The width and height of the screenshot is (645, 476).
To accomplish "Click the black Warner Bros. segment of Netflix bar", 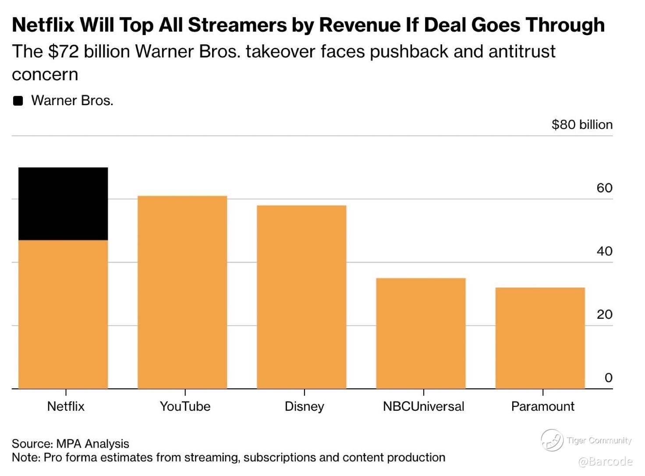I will [x=63, y=204].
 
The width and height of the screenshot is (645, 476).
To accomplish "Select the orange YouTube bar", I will [x=182, y=292].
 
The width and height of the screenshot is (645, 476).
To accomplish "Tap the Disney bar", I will [x=301, y=297].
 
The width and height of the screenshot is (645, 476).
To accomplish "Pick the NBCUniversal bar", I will [x=421, y=333].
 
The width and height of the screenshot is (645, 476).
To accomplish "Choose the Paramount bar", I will [x=540, y=338].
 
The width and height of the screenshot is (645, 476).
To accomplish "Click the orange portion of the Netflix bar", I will [x=63, y=314].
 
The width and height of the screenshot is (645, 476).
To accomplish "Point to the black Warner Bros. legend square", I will [x=18, y=101].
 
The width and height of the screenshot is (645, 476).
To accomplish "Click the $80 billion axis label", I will [x=582, y=125].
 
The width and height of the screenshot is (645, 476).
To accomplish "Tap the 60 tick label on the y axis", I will [x=604, y=188].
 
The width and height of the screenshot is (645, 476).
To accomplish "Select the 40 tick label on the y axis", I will [x=604, y=251].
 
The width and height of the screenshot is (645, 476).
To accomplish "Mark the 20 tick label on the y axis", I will [x=604, y=315].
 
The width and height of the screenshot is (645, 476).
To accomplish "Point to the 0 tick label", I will [x=608, y=378].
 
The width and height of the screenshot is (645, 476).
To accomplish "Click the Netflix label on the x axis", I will [x=66, y=406].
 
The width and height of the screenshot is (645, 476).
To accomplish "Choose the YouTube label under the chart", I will [x=185, y=406].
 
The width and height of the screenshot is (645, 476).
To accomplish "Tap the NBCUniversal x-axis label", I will [x=423, y=406].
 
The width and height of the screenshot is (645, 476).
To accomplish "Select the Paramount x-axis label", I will [x=542, y=406].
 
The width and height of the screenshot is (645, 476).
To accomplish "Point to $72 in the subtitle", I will [x=64, y=52].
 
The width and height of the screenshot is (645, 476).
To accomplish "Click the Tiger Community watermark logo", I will [x=552, y=440].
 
